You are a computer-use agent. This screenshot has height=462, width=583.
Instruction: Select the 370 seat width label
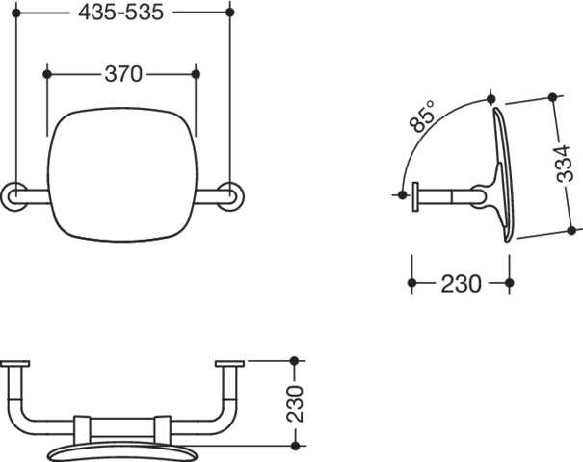pyautogui.click(x=122, y=74)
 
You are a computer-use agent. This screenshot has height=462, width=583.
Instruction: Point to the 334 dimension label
pyautogui.click(x=569, y=164)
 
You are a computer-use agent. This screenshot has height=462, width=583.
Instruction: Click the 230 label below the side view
pyautogui.click(x=459, y=285)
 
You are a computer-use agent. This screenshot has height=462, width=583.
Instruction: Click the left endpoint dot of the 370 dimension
pyautogui.click(x=48, y=74)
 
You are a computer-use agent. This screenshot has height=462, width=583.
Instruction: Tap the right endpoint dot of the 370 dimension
pyautogui.click(x=198, y=74)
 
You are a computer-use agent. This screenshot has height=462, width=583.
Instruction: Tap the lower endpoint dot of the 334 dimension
pyautogui.click(x=575, y=229)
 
